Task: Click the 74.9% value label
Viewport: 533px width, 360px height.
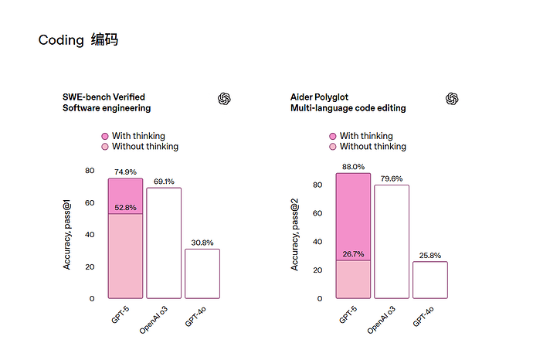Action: (x=125, y=172)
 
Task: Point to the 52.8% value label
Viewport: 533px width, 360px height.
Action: (x=125, y=207)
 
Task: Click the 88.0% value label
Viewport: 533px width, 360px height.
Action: (x=353, y=167)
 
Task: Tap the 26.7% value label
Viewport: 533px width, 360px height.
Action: (x=353, y=254)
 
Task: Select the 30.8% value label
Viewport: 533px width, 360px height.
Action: (x=202, y=243)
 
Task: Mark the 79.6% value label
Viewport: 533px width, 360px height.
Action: (x=392, y=178)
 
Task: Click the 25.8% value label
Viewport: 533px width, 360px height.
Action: (x=430, y=255)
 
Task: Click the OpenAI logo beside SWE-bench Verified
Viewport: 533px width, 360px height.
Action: (x=224, y=99)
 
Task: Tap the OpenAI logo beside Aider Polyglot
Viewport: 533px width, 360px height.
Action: (x=452, y=99)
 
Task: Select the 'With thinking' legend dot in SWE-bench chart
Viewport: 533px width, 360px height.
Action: (x=105, y=136)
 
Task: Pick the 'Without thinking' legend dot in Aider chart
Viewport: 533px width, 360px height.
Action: (x=332, y=147)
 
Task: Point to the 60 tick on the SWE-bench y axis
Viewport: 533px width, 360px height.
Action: (x=90, y=203)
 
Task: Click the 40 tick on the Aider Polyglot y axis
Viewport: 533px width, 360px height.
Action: (x=317, y=242)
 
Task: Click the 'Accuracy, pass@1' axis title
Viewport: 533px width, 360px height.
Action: (x=66, y=235)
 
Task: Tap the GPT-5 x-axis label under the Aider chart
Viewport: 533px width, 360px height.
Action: (x=348, y=314)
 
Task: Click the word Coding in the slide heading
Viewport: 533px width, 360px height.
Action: (x=61, y=40)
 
